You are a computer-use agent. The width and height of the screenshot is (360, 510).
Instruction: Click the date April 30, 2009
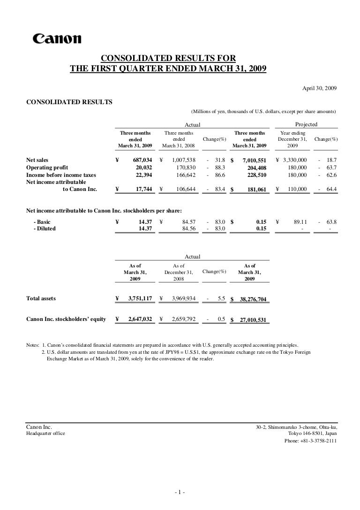[320, 88]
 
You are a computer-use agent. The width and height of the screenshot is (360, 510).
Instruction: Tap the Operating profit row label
[47, 167]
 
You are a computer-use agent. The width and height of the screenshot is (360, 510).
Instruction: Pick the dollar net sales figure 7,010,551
[255, 160]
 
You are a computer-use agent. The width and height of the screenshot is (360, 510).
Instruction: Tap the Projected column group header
[306, 124]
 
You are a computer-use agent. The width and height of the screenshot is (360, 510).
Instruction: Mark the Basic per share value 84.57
[187, 221]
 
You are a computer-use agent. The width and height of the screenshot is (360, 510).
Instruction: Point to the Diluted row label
[45, 228]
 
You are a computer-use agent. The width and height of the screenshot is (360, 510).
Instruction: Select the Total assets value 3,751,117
[140, 298]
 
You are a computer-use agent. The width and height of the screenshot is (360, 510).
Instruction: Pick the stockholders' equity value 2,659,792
[185, 320]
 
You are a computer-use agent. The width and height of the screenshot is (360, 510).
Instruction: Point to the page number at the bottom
[180, 492]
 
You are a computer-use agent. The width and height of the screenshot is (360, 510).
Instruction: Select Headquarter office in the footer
[45, 434]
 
